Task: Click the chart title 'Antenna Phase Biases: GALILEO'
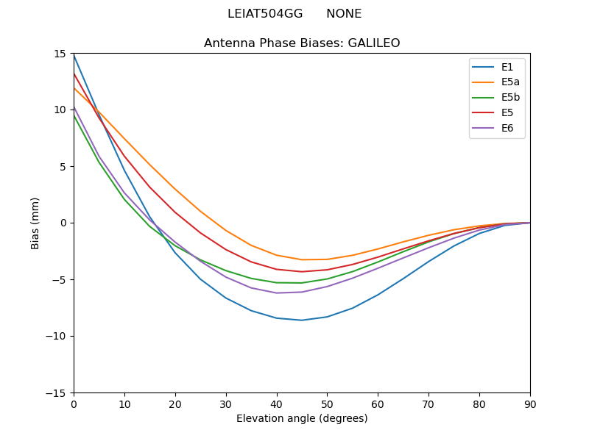302,43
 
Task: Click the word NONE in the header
344,14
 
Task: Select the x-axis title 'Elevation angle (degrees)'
302,419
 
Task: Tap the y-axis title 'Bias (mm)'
35,223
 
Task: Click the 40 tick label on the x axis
277,404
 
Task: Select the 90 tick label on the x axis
530,404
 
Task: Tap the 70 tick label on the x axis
428,404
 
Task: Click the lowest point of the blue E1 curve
302,320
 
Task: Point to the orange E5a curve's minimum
302,259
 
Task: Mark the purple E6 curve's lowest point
277,293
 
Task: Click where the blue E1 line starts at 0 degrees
74,54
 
